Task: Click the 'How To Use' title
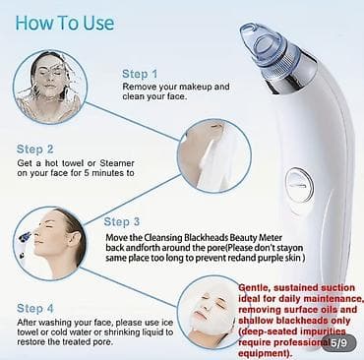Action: pyautogui.click(x=65, y=24)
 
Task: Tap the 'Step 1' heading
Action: pyautogui.click(x=140, y=74)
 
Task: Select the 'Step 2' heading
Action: pyautogui.click(x=34, y=150)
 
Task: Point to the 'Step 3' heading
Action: pyautogui.click(x=122, y=222)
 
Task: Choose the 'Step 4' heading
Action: pyautogui.click(x=34, y=309)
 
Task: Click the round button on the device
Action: pyautogui.click(x=299, y=185)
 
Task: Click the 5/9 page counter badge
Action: pyautogui.click(x=338, y=343)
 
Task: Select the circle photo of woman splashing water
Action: pyautogui.click(x=50, y=88)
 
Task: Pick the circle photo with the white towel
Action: pyautogui.click(x=214, y=156)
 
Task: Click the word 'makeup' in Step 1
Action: pyautogui.click(x=196, y=87)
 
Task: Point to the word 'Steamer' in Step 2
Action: pyautogui.click(x=117, y=163)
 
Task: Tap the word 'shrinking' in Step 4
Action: pyautogui.click(x=122, y=332)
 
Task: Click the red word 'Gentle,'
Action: pyautogui.click(x=255, y=288)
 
